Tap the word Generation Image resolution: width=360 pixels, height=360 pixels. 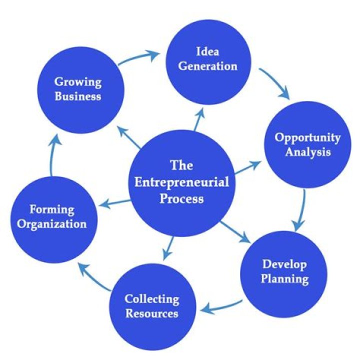pos(207,65)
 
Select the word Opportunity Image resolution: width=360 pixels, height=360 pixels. pos(308,137)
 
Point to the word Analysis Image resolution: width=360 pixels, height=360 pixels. pos(308,152)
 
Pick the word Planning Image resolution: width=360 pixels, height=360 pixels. pos(284,278)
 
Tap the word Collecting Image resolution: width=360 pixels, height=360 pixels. pos(152,299)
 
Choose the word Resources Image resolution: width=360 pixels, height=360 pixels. pos(152,313)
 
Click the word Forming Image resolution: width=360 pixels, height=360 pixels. pos(51,209)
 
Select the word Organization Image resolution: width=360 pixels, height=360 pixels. pos(51,223)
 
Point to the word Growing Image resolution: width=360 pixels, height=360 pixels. pos(77,81)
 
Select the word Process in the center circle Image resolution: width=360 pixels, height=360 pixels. pos(182,198)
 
